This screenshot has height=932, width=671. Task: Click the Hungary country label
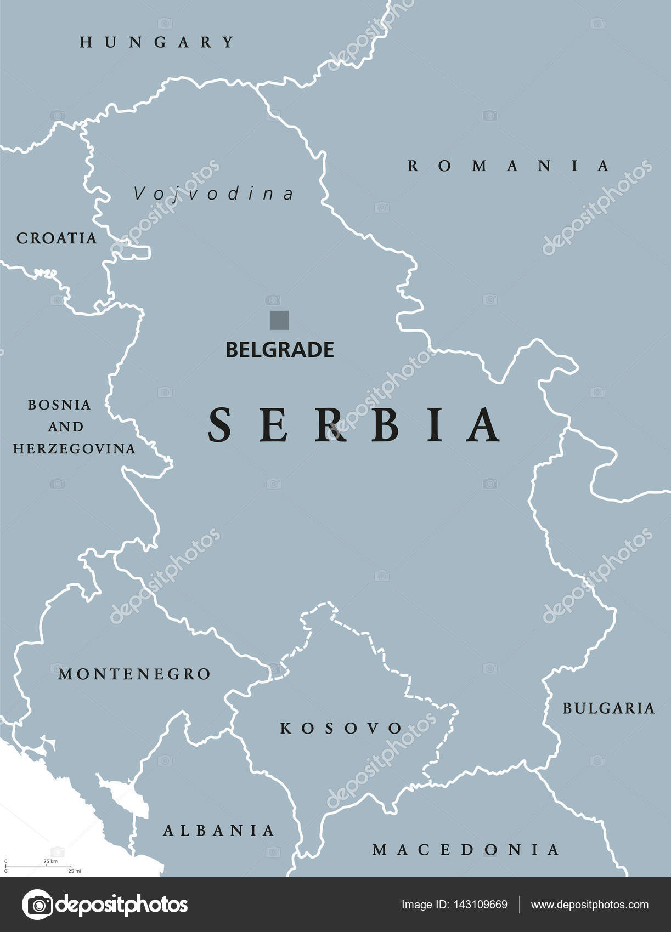coord(157,42)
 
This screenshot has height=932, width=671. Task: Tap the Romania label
coord(508,166)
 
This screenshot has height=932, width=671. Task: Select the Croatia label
coord(57,238)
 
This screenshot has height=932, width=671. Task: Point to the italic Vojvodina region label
coord(214,194)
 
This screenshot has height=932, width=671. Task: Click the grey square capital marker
coord(279,320)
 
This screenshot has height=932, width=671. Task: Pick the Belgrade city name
coord(280,350)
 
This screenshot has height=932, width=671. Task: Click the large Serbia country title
coord(354,425)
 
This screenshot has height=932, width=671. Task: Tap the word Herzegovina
coord(74,448)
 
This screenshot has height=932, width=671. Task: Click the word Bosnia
coord(59,405)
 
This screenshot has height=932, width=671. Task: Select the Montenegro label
coord(134,674)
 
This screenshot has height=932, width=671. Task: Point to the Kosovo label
coord(341,728)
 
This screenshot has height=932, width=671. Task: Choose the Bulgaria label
coord(608,708)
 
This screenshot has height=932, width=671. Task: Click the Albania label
coord(218,831)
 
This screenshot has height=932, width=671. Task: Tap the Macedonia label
coord(465,850)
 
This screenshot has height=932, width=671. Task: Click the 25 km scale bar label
coord(50,861)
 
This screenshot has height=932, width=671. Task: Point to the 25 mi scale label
coord(74,871)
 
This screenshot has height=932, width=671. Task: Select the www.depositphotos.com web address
coord(590,905)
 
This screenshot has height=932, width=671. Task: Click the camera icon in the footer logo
coord(37,905)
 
